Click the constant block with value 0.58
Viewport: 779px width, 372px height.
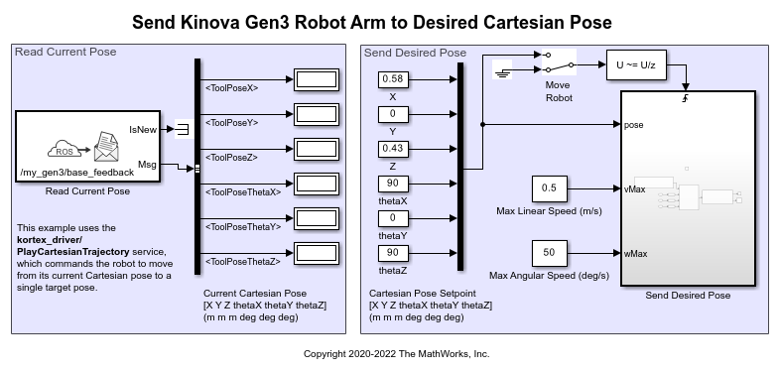tap(393, 79)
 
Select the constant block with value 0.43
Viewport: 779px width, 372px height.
tap(393, 149)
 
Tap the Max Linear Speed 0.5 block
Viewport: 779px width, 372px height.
tap(549, 188)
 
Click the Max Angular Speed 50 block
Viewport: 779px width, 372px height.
tap(549, 253)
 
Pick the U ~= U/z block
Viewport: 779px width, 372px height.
tap(636, 64)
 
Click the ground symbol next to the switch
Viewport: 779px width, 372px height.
tap(502, 71)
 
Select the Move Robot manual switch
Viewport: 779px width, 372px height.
tap(559, 62)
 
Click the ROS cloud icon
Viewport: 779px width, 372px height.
tap(65, 149)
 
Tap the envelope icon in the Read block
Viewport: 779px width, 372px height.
tap(106, 147)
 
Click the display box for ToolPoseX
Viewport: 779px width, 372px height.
tap(317, 79)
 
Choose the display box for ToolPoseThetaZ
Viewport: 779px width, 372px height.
tap(317, 253)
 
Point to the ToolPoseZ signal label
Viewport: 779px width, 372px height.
tap(231, 158)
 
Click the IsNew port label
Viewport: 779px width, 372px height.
tap(143, 130)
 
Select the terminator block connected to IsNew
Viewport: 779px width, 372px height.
tap(184, 129)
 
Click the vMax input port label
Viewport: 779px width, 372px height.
tap(635, 189)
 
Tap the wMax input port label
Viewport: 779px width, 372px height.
tap(635, 254)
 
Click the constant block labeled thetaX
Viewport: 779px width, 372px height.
tap(393, 184)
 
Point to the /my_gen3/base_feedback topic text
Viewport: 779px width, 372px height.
tap(77, 173)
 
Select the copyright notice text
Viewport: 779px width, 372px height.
tap(397, 354)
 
